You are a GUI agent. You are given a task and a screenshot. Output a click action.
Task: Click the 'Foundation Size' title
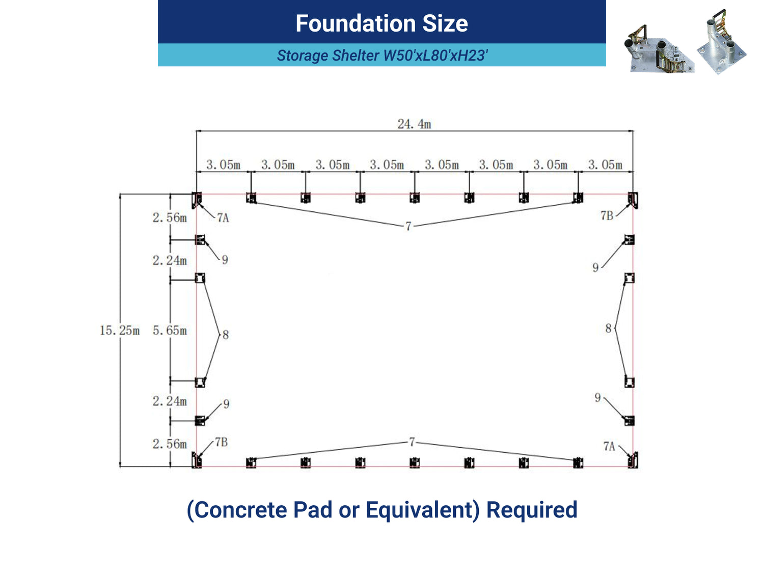381,23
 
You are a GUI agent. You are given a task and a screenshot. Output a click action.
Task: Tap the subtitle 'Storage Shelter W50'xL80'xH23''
382,56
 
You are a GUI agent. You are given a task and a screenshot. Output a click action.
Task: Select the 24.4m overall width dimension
414,124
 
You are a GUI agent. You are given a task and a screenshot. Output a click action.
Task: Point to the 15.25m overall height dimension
120,330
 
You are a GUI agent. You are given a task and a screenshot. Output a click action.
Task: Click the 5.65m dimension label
170,330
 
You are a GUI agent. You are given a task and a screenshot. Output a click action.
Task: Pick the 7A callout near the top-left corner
223,218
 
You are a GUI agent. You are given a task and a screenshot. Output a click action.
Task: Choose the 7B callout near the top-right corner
607,215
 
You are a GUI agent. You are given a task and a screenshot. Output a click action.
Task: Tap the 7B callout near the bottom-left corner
221,442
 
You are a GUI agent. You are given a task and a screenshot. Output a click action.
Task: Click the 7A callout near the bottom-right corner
609,446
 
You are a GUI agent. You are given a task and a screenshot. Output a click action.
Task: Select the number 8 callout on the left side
226,335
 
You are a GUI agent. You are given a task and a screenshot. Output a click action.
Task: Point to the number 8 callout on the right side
608,328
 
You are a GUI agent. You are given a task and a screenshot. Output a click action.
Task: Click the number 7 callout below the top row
408,227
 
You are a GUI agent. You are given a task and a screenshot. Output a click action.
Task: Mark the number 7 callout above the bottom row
412,442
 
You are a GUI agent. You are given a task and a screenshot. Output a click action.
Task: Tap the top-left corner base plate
197,200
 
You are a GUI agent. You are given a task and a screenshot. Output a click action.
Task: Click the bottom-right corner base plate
633,460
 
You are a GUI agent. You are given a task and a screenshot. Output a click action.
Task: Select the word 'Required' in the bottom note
532,510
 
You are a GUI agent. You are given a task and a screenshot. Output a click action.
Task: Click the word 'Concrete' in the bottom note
240,510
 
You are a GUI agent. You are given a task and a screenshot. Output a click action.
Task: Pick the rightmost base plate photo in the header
722,42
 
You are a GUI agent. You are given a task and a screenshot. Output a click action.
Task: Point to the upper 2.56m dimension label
170,217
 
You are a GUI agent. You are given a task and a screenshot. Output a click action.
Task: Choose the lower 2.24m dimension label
170,401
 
